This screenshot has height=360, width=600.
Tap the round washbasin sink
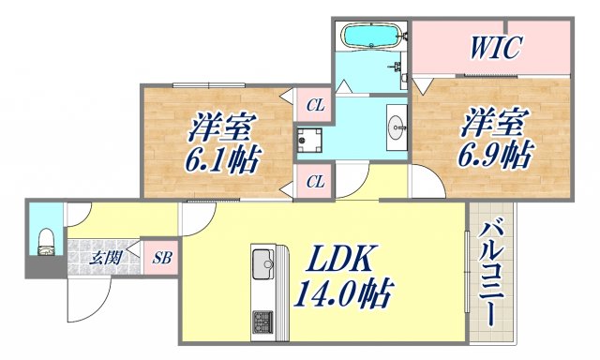pyautogui.click(x=396, y=124)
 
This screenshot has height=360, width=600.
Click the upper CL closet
pyautogui.click(x=314, y=106)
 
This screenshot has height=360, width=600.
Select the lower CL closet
pyautogui.click(x=314, y=180)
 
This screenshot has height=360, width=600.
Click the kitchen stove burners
pyautogui.click(x=261, y=321)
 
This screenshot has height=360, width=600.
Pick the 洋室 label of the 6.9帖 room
pyautogui.click(x=488, y=120)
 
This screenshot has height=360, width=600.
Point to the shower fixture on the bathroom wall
pyautogui.click(x=399, y=67)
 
